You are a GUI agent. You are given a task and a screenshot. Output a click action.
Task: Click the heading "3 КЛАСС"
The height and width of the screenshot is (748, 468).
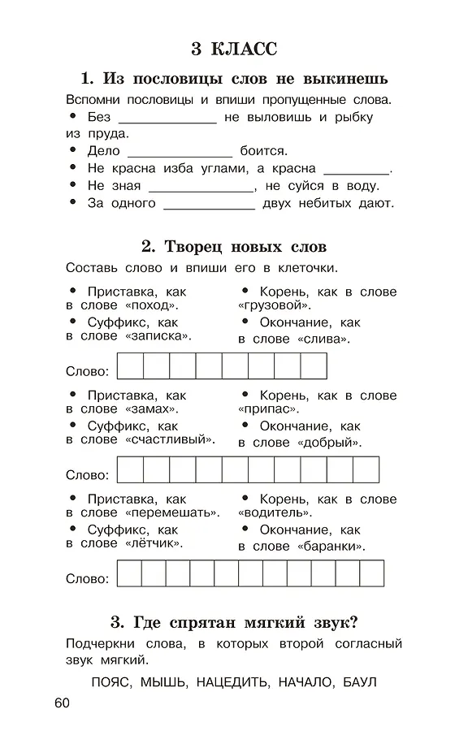coord(234,49)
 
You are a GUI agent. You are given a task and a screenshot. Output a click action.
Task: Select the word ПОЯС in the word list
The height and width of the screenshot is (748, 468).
coord(110,681)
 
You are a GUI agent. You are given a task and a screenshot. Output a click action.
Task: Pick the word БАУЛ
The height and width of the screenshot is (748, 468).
coord(360,681)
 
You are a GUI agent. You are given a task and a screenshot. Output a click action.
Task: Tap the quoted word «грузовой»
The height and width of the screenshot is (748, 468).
coord(274,305)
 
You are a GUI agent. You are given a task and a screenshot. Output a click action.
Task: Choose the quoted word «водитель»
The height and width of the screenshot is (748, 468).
coord(274,513)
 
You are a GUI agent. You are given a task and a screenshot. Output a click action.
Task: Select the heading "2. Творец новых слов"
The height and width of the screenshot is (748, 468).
coord(234,247)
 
